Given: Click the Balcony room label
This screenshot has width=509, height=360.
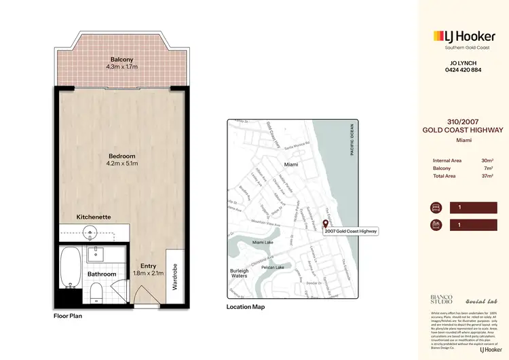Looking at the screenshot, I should [x=122, y=59].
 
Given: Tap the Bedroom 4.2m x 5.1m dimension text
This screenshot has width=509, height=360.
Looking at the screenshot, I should [x=122, y=164].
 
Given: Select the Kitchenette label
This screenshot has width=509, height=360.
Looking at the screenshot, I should [x=94, y=217].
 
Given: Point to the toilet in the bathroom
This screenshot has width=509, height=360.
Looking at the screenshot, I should [x=97, y=293].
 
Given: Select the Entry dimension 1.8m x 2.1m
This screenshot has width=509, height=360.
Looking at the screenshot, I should [x=148, y=273].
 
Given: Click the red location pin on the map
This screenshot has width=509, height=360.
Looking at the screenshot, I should [x=325, y=225].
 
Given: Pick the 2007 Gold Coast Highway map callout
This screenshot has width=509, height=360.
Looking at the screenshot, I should [x=351, y=231].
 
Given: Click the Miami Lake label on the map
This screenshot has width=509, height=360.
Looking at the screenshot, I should [x=263, y=243].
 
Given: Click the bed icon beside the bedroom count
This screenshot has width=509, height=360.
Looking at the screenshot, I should [x=436, y=207].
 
